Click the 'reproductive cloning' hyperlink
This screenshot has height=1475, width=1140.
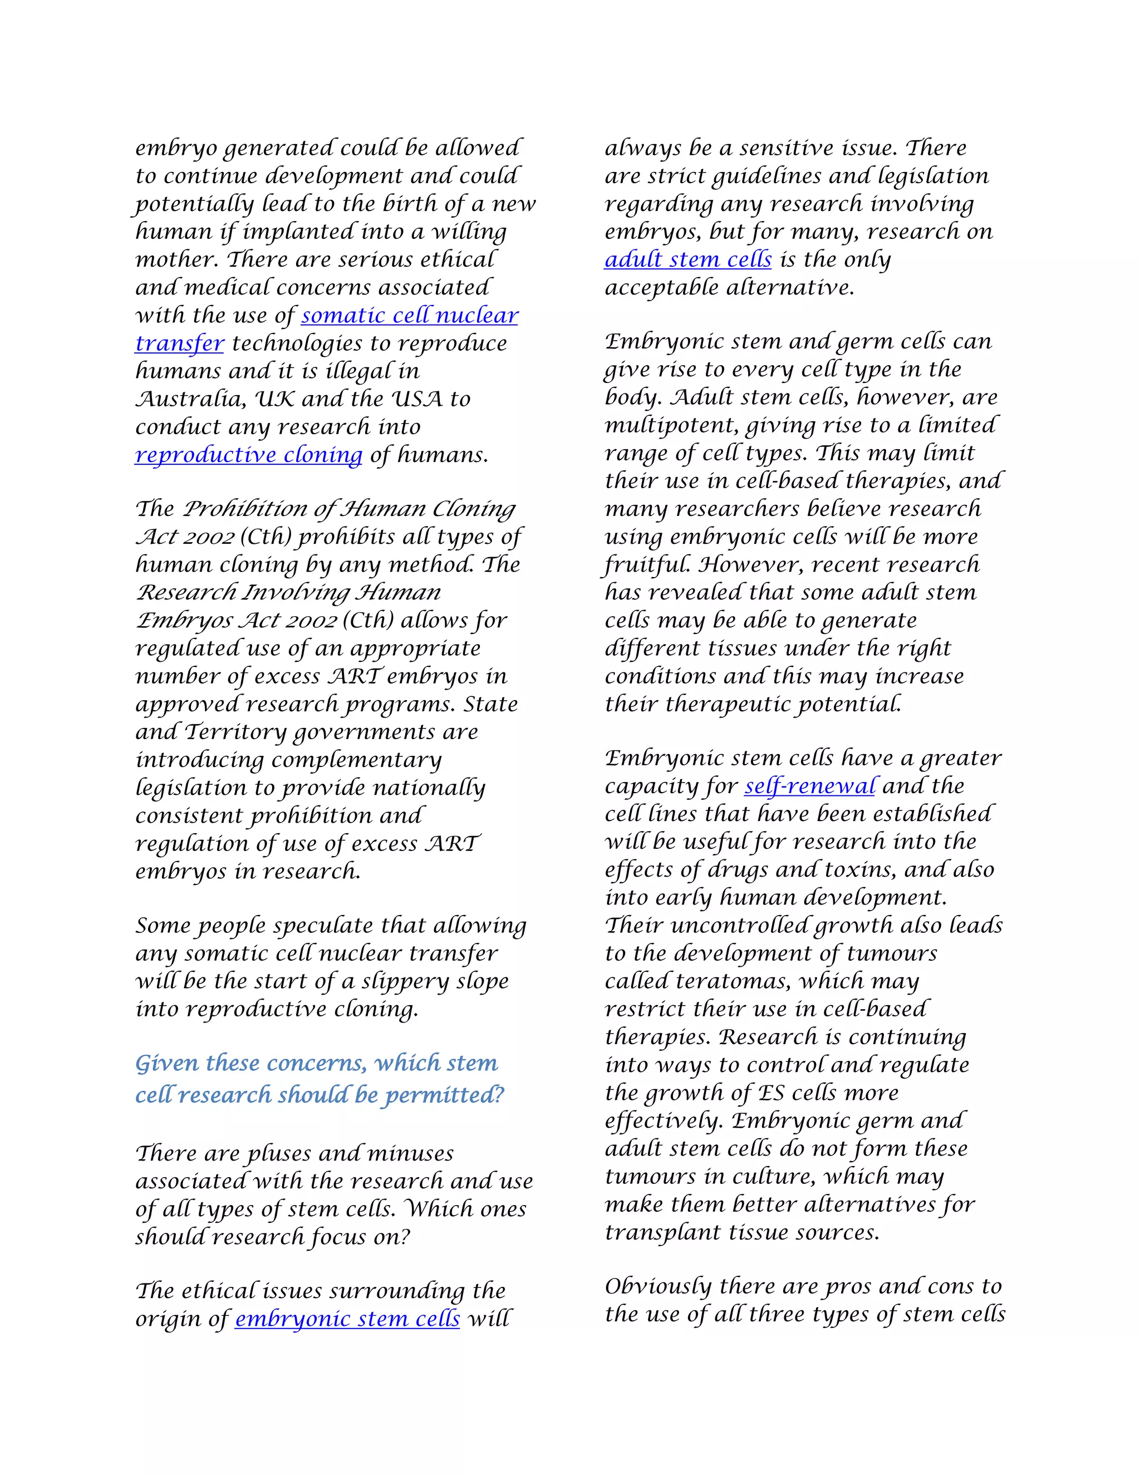(248, 455)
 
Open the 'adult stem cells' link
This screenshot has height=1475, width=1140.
(687, 260)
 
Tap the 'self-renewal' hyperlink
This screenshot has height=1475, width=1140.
(810, 786)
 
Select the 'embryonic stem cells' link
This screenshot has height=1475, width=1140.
(347, 1319)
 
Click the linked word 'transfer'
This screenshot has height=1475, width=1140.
(179, 344)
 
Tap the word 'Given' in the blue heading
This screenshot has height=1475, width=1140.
(166, 1064)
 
